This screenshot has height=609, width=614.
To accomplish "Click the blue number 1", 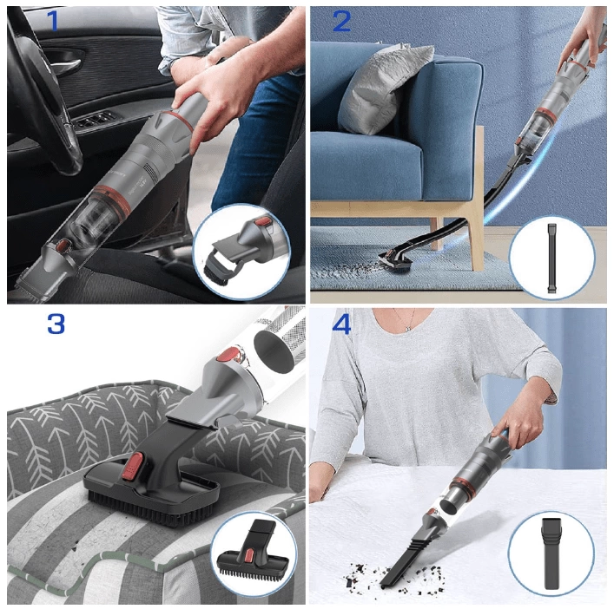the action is click(53, 21).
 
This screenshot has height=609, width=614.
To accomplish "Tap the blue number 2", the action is click(341, 21).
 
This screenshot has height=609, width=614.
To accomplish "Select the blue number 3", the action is click(56, 324).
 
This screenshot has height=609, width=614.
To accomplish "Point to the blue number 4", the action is click(341, 324).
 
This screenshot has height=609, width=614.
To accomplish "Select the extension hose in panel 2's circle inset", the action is click(551, 259).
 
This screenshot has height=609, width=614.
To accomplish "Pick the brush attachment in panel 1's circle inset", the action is click(238, 254).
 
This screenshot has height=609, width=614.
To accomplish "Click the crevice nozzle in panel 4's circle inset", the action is click(551, 553).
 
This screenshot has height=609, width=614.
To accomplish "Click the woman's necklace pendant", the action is click(408, 330).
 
